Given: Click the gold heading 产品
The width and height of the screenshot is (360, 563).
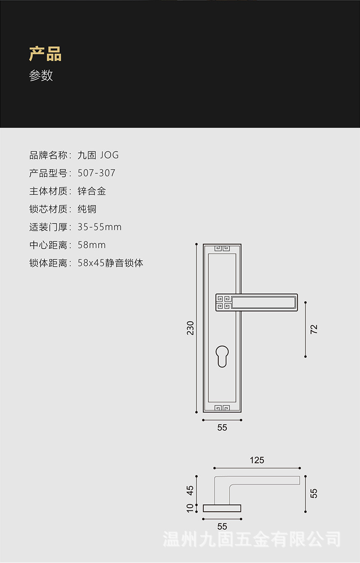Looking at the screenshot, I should click(45, 54).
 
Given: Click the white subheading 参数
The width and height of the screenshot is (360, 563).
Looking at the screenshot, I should click(41, 76).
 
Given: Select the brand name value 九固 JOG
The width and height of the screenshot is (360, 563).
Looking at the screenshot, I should click(98, 155).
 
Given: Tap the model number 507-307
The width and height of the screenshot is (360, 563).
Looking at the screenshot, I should click(96, 173).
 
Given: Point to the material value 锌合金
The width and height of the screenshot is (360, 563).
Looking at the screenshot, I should click(92, 191).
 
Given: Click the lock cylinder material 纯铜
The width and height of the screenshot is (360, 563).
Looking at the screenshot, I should click(87, 209).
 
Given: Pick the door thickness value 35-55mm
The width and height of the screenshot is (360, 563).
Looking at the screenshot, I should click(99, 227).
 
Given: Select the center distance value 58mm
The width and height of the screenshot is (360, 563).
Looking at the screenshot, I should click(91, 245).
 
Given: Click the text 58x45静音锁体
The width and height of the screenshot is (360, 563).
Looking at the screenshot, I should click(110, 263).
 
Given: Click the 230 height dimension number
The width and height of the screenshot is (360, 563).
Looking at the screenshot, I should click(190, 328).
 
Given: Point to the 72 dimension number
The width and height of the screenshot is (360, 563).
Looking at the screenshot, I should click(314, 329).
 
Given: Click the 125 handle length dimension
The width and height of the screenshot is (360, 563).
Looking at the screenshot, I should click(256, 460).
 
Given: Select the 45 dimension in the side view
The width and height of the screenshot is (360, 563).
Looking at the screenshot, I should click(190, 490).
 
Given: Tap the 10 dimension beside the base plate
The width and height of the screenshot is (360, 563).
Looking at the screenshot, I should click(190, 508).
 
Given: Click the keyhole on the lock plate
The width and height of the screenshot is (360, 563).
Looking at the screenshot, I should click(222, 355).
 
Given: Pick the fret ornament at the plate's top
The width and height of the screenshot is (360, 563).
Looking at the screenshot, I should click(222, 248).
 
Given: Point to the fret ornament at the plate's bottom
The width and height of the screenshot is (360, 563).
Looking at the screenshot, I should click(222, 408).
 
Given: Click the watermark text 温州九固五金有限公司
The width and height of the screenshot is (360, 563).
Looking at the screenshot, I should click(252, 539).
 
